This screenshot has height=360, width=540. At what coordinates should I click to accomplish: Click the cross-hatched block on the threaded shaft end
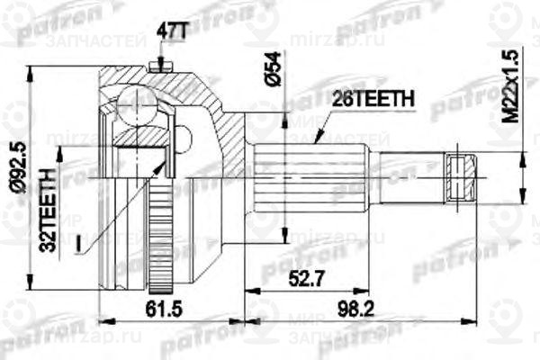461,175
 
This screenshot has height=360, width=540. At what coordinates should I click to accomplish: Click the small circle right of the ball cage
184,139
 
